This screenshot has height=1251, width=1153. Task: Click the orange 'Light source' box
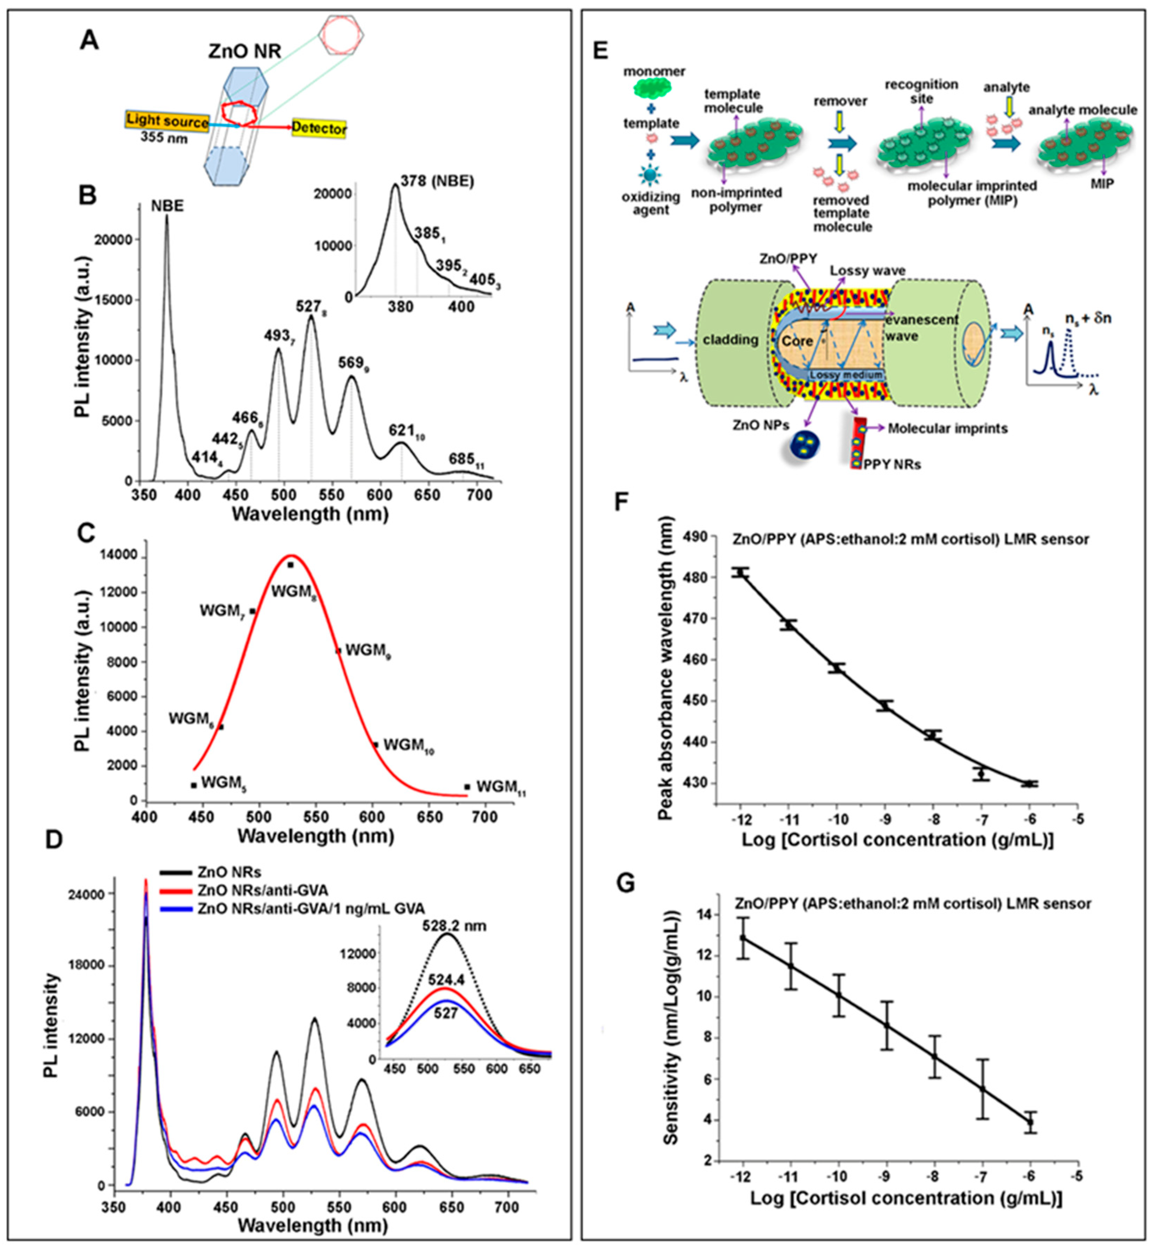click(167, 122)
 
